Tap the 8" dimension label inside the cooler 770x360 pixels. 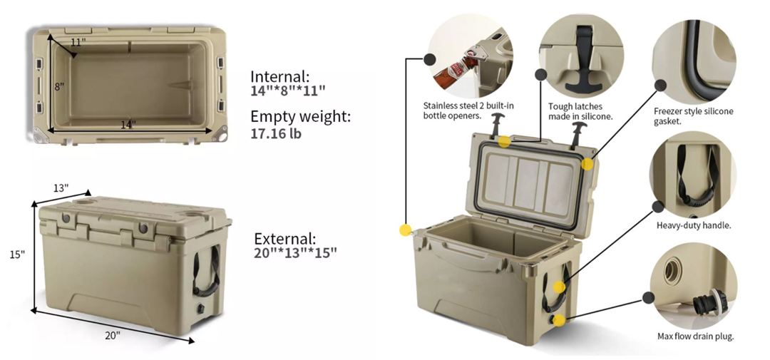coord(59,87)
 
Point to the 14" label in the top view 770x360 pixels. coord(128,125)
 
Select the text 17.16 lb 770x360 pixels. coord(276,133)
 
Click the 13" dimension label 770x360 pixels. coord(61,187)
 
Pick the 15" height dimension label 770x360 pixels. coord(16,254)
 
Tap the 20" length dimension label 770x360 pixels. coord(113,336)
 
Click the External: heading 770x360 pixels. coord(284,240)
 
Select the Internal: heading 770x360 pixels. coord(280,76)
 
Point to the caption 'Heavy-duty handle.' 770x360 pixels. coord(694,226)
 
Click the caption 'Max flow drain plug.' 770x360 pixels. coord(695,336)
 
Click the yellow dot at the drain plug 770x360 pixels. coord(559,320)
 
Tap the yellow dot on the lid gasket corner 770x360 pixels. coord(587,163)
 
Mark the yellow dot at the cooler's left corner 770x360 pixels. coord(405,230)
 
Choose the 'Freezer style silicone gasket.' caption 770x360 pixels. coord(694,116)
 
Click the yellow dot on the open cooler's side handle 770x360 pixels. coord(559,287)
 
